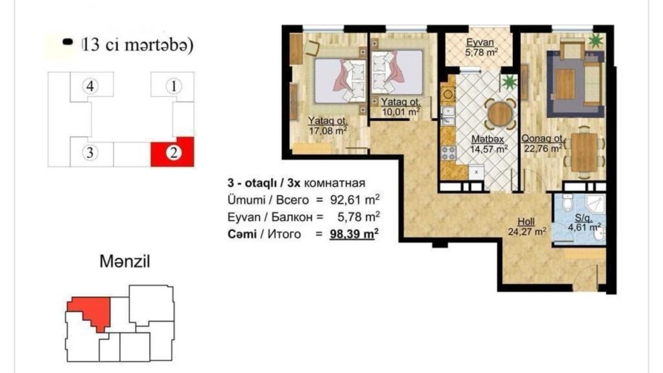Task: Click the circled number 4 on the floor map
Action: pyautogui.click(x=90, y=86)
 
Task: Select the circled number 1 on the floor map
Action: pyautogui.click(x=173, y=86)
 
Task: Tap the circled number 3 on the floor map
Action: pyautogui.click(x=90, y=153)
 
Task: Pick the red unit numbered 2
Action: pyautogui.click(x=173, y=152)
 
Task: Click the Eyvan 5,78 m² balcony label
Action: pyautogui.click(x=480, y=47)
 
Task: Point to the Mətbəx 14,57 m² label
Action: pyautogui.click(x=489, y=144)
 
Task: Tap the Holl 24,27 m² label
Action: pyautogui.click(x=527, y=227)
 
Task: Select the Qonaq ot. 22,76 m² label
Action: pyautogui.click(x=543, y=143)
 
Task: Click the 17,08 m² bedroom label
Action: pyautogui.click(x=328, y=126)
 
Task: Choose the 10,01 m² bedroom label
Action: pyautogui.click(x=401, y=107)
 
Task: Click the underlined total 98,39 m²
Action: pyautogui.click(x=354, y=234)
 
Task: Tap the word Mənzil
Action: pyautogui.click(x=125, y=261)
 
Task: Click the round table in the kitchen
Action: pyautogui.click(x=500, y=113)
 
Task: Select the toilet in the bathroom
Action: pyautogui.click(x=568, y=203)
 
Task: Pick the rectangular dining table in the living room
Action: pyautogui.click(x=584, y=152)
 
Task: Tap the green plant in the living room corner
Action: pyautogui.click(x=596, y=41)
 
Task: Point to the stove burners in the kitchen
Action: pyautogui.click(x=449, y=153)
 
